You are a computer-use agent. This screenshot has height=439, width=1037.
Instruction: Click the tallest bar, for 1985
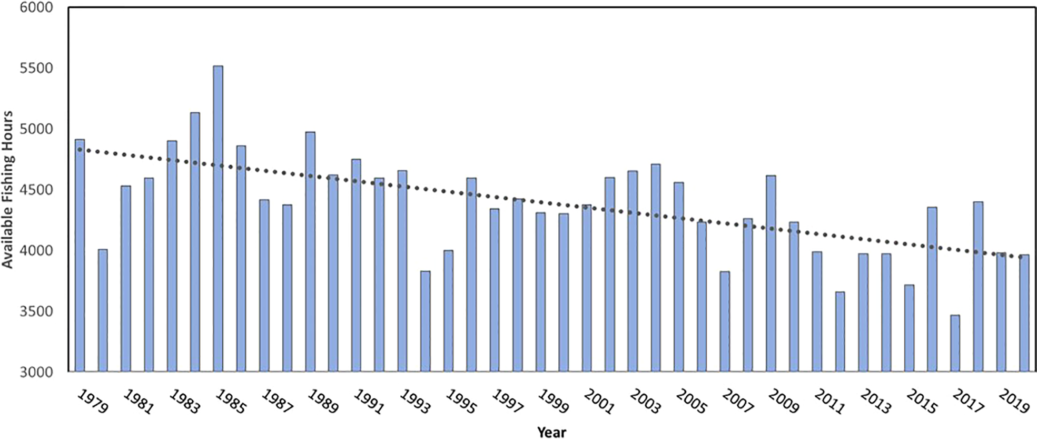coord(218,219)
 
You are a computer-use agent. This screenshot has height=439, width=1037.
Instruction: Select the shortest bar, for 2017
coord(955,343)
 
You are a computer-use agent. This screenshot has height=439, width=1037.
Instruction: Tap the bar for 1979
coord(80,256)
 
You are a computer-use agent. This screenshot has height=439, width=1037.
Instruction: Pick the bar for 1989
coord(310,252)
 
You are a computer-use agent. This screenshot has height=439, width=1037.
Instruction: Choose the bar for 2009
coord(771,274)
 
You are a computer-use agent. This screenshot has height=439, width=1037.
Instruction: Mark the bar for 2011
coord(817,311)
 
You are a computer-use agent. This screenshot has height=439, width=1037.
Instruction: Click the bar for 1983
coord(172,256)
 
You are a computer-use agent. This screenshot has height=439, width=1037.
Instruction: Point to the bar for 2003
coord(633,271)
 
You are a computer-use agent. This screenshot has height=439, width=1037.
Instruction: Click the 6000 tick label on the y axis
coord(36,8)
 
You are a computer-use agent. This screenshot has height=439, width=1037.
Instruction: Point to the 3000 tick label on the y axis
coord(36,372)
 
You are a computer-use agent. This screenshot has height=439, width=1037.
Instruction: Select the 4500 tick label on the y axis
coord(36,190)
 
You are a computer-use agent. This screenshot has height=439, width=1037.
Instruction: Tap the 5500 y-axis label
coord(36,69)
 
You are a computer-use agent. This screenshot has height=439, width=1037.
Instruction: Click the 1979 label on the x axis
coord(93,402)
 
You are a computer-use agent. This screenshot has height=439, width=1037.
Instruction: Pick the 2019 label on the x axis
coord(1014,402)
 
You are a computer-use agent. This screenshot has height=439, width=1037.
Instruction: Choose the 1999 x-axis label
coord(553,402)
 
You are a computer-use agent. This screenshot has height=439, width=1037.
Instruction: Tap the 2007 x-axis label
coord(737,402)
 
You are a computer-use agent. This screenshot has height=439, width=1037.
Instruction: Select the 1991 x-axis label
coord(369,402)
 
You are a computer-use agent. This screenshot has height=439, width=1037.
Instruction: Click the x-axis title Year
coord(551,432)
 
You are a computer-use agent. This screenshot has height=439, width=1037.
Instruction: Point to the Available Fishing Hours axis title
coord(7,190)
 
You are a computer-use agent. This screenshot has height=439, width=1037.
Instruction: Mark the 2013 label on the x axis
coord(875,402)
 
